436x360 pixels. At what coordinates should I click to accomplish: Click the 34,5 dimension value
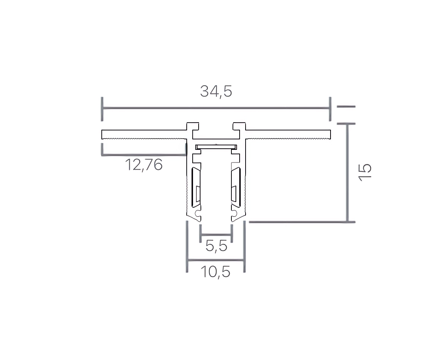click(216, 91)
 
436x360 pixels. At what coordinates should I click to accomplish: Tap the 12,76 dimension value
click(144, 165)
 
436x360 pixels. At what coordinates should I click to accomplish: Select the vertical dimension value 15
click(365, 172)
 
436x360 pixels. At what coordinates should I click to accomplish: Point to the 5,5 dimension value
click(217, 246)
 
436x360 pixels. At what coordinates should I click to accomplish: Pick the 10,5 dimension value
click(215, 272)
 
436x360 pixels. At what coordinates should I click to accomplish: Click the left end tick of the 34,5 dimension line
click(102, 109)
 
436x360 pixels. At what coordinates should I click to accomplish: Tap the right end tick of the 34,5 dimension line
click(330, 109)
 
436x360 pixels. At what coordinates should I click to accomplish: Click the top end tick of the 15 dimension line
click(346, 123)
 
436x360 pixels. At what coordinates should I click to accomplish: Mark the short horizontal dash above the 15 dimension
click(346, 106)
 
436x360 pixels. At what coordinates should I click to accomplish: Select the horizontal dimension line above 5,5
click(217, 234)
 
